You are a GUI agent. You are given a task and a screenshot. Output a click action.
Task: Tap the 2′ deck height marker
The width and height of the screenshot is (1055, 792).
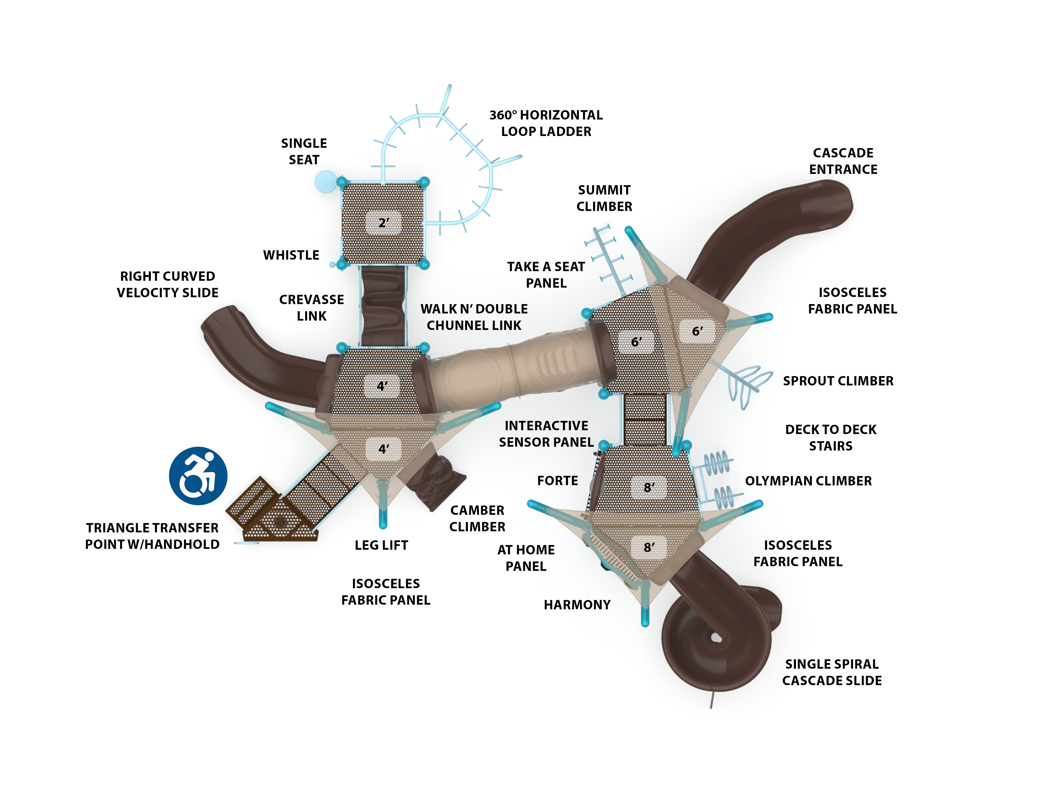(x=384, y=223)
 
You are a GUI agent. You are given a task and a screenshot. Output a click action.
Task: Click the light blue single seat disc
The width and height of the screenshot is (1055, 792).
(x=326, y=182)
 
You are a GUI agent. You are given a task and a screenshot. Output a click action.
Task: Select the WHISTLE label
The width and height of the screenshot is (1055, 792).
(x=291, y=255)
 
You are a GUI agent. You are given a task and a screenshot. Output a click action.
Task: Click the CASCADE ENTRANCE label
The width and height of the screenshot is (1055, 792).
(x=843, y=161)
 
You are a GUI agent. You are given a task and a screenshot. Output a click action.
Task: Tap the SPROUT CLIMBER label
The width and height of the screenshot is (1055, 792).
(x=838, y=381)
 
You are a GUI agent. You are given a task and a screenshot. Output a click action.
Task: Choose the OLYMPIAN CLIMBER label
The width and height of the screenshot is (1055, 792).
(x=808, y=481)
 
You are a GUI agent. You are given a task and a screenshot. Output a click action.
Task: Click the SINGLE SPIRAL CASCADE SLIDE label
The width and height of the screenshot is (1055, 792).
(x=832, y=672)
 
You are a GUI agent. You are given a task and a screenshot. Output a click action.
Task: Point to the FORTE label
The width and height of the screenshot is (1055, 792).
(x=557, y=481)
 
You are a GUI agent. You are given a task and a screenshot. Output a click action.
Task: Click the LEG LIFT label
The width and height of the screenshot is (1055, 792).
(x=381, y=545)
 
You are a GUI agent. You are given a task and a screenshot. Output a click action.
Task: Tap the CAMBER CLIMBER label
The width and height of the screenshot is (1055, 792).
(x=477, y=518)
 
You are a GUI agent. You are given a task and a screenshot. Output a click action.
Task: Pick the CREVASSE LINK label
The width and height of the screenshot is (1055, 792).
(x=312, y=308)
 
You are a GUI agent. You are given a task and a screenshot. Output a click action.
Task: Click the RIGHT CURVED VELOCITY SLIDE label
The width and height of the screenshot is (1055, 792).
(x=167, y=284)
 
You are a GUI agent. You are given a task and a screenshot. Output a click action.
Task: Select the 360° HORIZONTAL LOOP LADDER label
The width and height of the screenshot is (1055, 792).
(x=546, y=123)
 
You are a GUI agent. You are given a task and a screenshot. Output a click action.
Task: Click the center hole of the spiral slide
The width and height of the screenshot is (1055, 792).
(x=715, y=638)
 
